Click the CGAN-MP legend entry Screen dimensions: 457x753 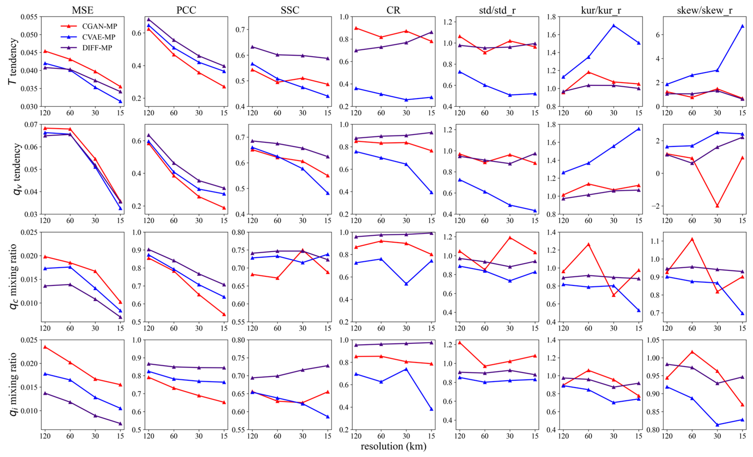tap(99, 26)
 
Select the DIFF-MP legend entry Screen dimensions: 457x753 tap(97, 48)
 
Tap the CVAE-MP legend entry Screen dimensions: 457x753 tap(98, 37)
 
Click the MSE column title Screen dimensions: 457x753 tap(83, 10)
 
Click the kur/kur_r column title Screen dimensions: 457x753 tap(601, 10)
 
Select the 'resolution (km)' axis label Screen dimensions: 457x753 tap(393, 446)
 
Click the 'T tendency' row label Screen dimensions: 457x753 tap(13, 61)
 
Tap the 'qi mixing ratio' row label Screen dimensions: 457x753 tap(13, 384)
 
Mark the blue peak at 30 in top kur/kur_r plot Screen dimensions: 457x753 tap(614, 26)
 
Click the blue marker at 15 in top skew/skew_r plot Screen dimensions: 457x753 tap(742, 26)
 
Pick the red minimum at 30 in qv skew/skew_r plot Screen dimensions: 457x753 tap(717, 206)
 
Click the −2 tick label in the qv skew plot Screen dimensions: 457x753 tap(655, 206)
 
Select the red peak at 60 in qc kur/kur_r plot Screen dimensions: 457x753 tap(588, 244)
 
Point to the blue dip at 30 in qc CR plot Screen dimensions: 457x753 tap(406, 284)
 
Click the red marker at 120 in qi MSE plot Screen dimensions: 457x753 tap(45, 347)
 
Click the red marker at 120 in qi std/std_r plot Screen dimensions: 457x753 tap(460, 343)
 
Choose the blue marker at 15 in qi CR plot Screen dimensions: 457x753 tap(432, 409)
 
